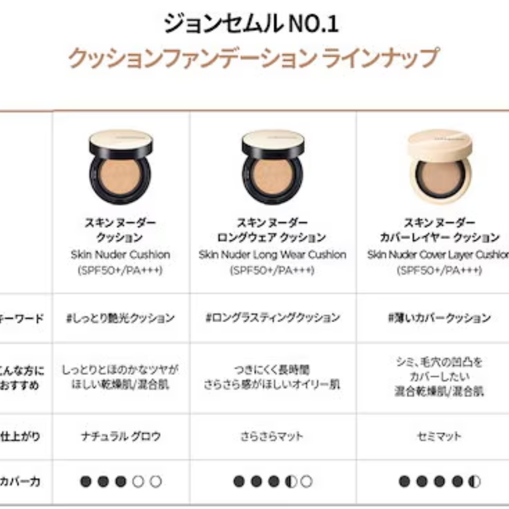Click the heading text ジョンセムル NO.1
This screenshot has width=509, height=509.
point(251,24)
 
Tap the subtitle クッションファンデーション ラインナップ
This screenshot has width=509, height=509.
point(253,58)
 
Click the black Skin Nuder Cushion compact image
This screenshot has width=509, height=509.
point(120,168)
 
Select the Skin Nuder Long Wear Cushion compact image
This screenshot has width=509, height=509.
point(273,168)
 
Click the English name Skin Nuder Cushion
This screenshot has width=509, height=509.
point(120,254)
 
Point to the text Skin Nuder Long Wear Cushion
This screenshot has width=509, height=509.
point(272,254)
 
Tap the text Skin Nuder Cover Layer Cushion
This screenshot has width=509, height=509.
point(438,254)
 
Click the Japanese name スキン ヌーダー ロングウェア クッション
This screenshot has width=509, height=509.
point(272,230)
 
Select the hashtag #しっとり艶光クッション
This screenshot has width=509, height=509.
point(120,318)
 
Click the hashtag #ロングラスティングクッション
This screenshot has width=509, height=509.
point(272,318)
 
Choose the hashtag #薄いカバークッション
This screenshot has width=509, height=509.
point(439,318)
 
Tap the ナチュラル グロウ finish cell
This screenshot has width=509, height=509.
point(120,436)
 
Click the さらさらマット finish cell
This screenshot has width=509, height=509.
point(272,436)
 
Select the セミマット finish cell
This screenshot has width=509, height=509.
point(439,436)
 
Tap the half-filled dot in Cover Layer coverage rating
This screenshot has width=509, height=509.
point(474,482)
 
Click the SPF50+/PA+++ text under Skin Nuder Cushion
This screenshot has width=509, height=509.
point(120,270)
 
